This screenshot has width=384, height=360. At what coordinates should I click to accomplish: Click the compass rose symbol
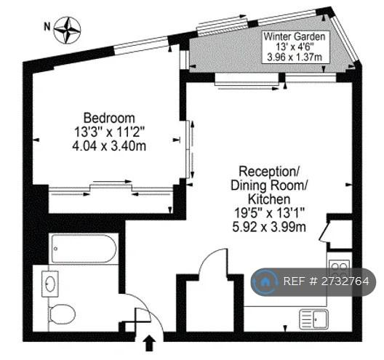pyautogui.click(x=67, y=31)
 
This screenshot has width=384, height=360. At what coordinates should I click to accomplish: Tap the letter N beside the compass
pyautogui.click(x=47, y=26)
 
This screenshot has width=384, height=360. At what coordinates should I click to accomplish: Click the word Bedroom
pyautogui.click(x=109, y=118)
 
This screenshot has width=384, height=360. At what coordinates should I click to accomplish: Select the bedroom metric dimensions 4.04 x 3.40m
pyautogui.click(x=109, y=146)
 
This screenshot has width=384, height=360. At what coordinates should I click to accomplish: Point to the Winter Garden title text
pyautogui.click(x=295, y=37)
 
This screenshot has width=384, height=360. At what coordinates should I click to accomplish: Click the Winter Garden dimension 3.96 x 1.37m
pyautogui.click(x=295, y=57)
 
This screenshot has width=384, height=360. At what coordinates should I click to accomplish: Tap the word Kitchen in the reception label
pyautogui.click(x=269, y=199)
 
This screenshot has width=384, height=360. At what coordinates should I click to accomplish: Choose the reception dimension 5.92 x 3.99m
pyautogui.click(x=269, y=227)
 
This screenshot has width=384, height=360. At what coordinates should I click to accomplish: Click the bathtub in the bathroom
pyautogui.click(x=84, y=249)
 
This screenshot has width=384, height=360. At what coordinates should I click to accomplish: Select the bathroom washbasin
pyautogui.click(x=50, y=284)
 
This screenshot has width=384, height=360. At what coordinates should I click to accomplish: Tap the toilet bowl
pyautogui.click(x=63, y=314)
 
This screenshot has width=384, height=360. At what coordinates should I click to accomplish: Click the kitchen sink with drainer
pyautogui.click(x=313, y=319)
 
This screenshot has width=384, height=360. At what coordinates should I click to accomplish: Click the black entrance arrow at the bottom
pyautogui.click(x=149, y=343)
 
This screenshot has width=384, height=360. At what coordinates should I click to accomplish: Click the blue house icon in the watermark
pyautogui.click(x=264, y=281)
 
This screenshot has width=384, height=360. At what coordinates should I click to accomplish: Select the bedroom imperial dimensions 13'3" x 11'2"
pyautogui.click(x=109, y=132)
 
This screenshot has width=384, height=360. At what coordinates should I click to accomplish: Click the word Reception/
pyautogui.click(x=269, y=172)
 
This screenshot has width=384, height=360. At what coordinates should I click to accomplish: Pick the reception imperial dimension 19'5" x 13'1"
pyautogui.click(x=269, y=213)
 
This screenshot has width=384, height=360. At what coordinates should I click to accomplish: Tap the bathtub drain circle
pyautogui.click(x=56, y=249)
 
